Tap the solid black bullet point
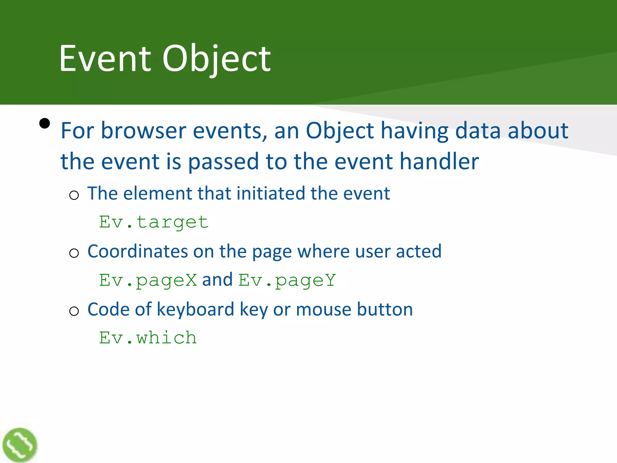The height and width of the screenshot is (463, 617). point(45,123)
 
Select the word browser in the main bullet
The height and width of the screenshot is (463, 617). point(143,131)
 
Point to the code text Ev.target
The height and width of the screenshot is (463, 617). point(154,222)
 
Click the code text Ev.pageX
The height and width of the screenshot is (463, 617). point(148,280)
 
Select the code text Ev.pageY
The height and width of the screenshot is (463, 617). point(287,280)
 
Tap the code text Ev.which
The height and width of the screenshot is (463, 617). point(148,338)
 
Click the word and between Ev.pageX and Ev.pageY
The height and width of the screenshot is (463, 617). point(217,280)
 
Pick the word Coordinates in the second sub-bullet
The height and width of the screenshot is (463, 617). point(137,251)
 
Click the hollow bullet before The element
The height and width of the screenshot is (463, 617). point(74,195)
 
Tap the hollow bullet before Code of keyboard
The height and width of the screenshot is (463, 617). point(74,311)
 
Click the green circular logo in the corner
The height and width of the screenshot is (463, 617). point(20,445)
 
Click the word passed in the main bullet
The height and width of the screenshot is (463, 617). point(223,162)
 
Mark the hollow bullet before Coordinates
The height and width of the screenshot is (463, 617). point(74,253)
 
